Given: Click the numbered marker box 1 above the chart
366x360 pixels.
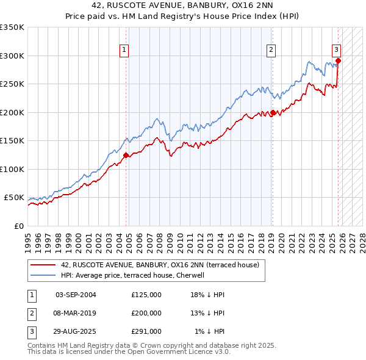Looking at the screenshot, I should pyautogui.click(x=124, y=51).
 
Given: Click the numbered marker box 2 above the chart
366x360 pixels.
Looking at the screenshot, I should pyautogui.click(x=271, y=51).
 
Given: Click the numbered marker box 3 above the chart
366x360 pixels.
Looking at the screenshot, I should pyautogui.click(x=336, y=51).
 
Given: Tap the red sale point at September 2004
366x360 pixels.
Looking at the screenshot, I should pyautogui.click(x=126, y=155).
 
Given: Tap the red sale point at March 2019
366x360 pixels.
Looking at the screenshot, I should pyautogui.click(x=273, y=112).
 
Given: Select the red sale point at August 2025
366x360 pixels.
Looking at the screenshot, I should pyautogui.click(x=338, y=60).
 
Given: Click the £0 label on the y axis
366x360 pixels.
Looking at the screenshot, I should pyautogui.click(x=18, y=226).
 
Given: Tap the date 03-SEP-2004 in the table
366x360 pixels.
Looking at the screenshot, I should pyautogui.click(x=76, y=295).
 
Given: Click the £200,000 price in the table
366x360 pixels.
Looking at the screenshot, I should pyautogui.click(x=146, y=313).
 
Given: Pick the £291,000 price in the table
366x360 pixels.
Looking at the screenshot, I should pyautogui.click(x=146, y=331).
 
